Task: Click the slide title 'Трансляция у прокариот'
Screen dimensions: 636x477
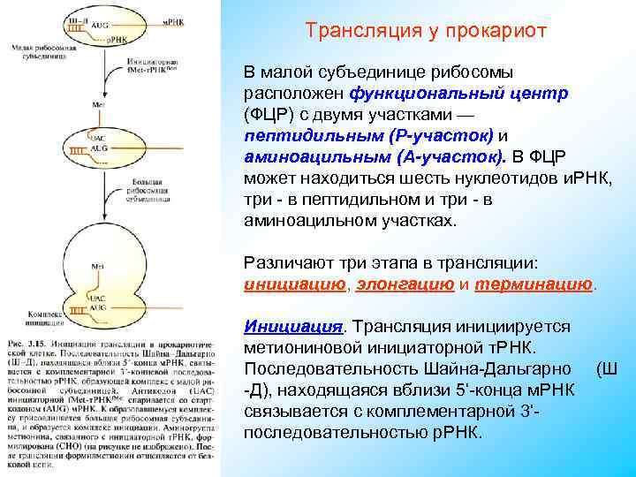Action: tap(426, 31)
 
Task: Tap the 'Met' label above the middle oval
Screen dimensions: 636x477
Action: tap(99, 105)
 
